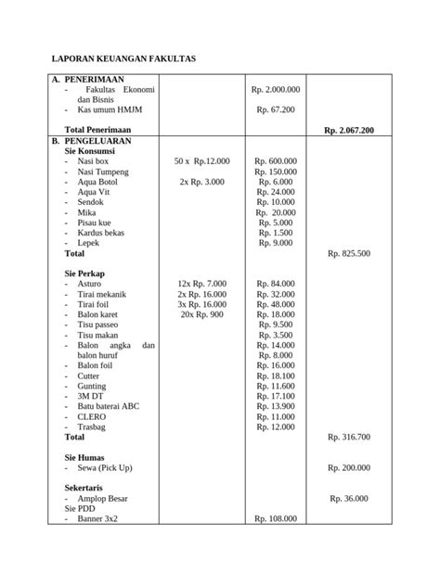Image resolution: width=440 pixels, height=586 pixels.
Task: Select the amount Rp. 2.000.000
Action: pos(276,90)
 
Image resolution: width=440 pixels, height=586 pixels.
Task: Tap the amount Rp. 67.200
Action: pos(276,109)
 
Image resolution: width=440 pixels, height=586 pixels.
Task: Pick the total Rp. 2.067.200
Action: pos(349,131)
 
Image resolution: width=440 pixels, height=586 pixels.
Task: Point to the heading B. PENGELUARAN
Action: pos(97,141)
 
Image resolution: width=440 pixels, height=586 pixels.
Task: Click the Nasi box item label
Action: pos(94,161)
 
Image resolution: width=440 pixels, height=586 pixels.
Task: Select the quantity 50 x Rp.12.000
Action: pos(202,161)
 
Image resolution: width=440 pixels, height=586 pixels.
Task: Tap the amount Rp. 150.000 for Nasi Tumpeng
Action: pos(276,172)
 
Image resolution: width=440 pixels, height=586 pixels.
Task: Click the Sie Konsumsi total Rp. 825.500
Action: pos(349,252)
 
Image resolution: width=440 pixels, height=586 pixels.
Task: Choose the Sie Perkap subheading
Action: pos(84,273)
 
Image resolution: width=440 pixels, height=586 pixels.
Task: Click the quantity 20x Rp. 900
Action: pos(202,314)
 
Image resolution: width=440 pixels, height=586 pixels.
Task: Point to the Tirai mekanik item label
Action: pos(103,293)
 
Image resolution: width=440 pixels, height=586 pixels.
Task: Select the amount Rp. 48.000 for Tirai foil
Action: pos(276,303)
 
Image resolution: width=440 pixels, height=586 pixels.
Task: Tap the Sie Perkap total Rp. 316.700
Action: pos(349,436)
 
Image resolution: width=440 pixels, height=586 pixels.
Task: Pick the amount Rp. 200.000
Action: pos(349,467)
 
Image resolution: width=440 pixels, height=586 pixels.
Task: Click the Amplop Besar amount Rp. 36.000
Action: pos(349,498)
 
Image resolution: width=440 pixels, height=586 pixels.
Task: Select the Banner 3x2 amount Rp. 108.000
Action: pos(276,519)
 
